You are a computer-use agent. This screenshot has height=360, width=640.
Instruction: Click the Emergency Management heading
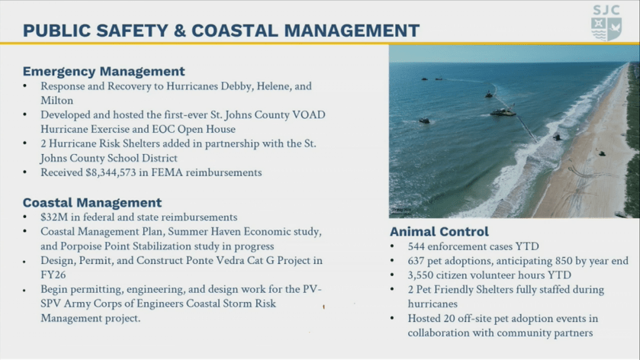[x=104, y=72]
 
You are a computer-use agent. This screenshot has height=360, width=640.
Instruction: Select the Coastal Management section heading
[x=92, y=202]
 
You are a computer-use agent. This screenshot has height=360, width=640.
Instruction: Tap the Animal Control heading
[x=439, y=231]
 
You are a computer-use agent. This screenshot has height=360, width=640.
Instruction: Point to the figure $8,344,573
[x=111, y=172]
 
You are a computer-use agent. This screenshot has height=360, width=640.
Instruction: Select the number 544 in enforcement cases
[x=416, y=246]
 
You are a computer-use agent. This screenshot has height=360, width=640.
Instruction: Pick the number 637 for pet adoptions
[x=416, y=261]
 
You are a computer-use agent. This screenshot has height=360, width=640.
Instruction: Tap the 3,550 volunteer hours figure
[x=420, y=275]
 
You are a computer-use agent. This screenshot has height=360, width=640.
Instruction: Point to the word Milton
[x=56, y=101]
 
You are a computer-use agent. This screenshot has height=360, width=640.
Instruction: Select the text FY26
[x=53, y=275]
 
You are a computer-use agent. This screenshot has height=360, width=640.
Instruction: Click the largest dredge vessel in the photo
[x=503, y=111]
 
